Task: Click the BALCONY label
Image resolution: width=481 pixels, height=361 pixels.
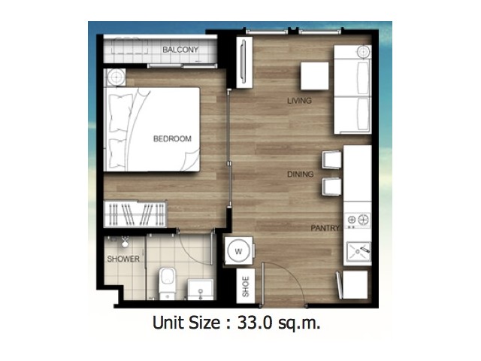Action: pos(180,50)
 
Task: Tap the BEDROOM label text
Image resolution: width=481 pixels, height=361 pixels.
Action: pos(172,138)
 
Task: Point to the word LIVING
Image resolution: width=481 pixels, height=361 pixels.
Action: pos(299,101)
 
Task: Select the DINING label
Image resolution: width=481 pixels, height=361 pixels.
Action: pos(301,174)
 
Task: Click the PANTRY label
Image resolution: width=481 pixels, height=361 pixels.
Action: pos(325,228)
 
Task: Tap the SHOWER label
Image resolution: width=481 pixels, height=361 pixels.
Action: pos(123,259)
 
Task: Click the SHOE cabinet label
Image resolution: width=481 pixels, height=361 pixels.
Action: pos(246,287)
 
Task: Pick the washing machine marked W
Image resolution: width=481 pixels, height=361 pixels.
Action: pos(239,251)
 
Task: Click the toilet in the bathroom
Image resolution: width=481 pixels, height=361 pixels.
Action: pos(167,283)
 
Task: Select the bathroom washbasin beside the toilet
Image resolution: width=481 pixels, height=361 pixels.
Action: pos(201,290)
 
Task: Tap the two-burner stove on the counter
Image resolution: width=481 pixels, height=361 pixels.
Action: pos(358,220)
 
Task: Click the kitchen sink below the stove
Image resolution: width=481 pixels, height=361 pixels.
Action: pos(358,251)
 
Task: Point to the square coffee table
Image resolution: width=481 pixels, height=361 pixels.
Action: pos(314,76)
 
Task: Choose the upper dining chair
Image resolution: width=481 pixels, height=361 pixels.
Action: pos(331,159)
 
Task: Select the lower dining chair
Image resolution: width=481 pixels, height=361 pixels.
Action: pos(331,187)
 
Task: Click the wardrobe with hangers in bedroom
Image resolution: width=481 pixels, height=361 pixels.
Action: pos(135,214)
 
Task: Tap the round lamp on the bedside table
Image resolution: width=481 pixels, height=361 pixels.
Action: pos(116,77)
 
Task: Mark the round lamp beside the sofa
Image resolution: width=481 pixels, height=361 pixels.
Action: pos(364,52)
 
